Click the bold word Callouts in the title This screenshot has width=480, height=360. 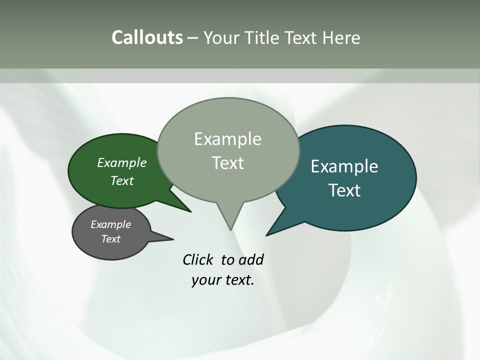coord(147,37)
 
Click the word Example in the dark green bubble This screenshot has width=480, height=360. coord(122,162)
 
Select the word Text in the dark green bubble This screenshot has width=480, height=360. coord(122,180)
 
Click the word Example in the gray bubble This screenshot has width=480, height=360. coord(110,224)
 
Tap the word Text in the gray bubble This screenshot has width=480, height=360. coord(110,239)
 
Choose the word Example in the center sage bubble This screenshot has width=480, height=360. coord(227,139)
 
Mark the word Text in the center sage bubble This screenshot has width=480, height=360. coord(227,163)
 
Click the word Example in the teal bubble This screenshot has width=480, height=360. coord(344,166)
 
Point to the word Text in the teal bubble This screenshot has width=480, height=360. coord(344,190)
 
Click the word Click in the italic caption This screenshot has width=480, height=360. coord(199,259)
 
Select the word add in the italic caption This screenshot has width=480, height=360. coord(250,259)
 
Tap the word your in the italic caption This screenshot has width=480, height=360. coord(205,280)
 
